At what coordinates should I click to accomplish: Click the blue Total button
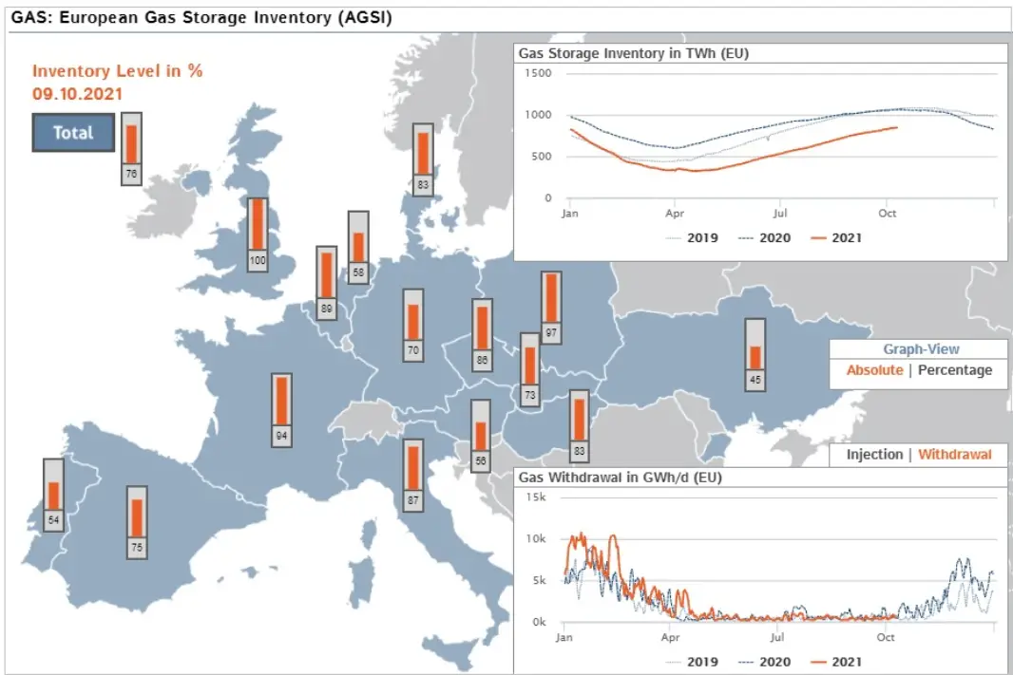73,132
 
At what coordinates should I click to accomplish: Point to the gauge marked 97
551,307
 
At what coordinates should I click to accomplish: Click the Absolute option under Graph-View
874,370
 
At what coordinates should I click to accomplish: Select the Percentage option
955,370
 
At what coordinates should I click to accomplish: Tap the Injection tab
874,455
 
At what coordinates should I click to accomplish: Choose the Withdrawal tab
955,455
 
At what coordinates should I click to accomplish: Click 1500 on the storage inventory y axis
538,73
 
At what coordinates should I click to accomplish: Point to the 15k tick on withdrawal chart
536,497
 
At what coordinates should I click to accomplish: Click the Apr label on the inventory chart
675,214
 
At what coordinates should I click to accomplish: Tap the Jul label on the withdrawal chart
779,638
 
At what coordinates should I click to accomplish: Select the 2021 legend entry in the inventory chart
836,237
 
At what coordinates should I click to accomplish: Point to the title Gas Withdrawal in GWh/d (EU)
620,478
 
